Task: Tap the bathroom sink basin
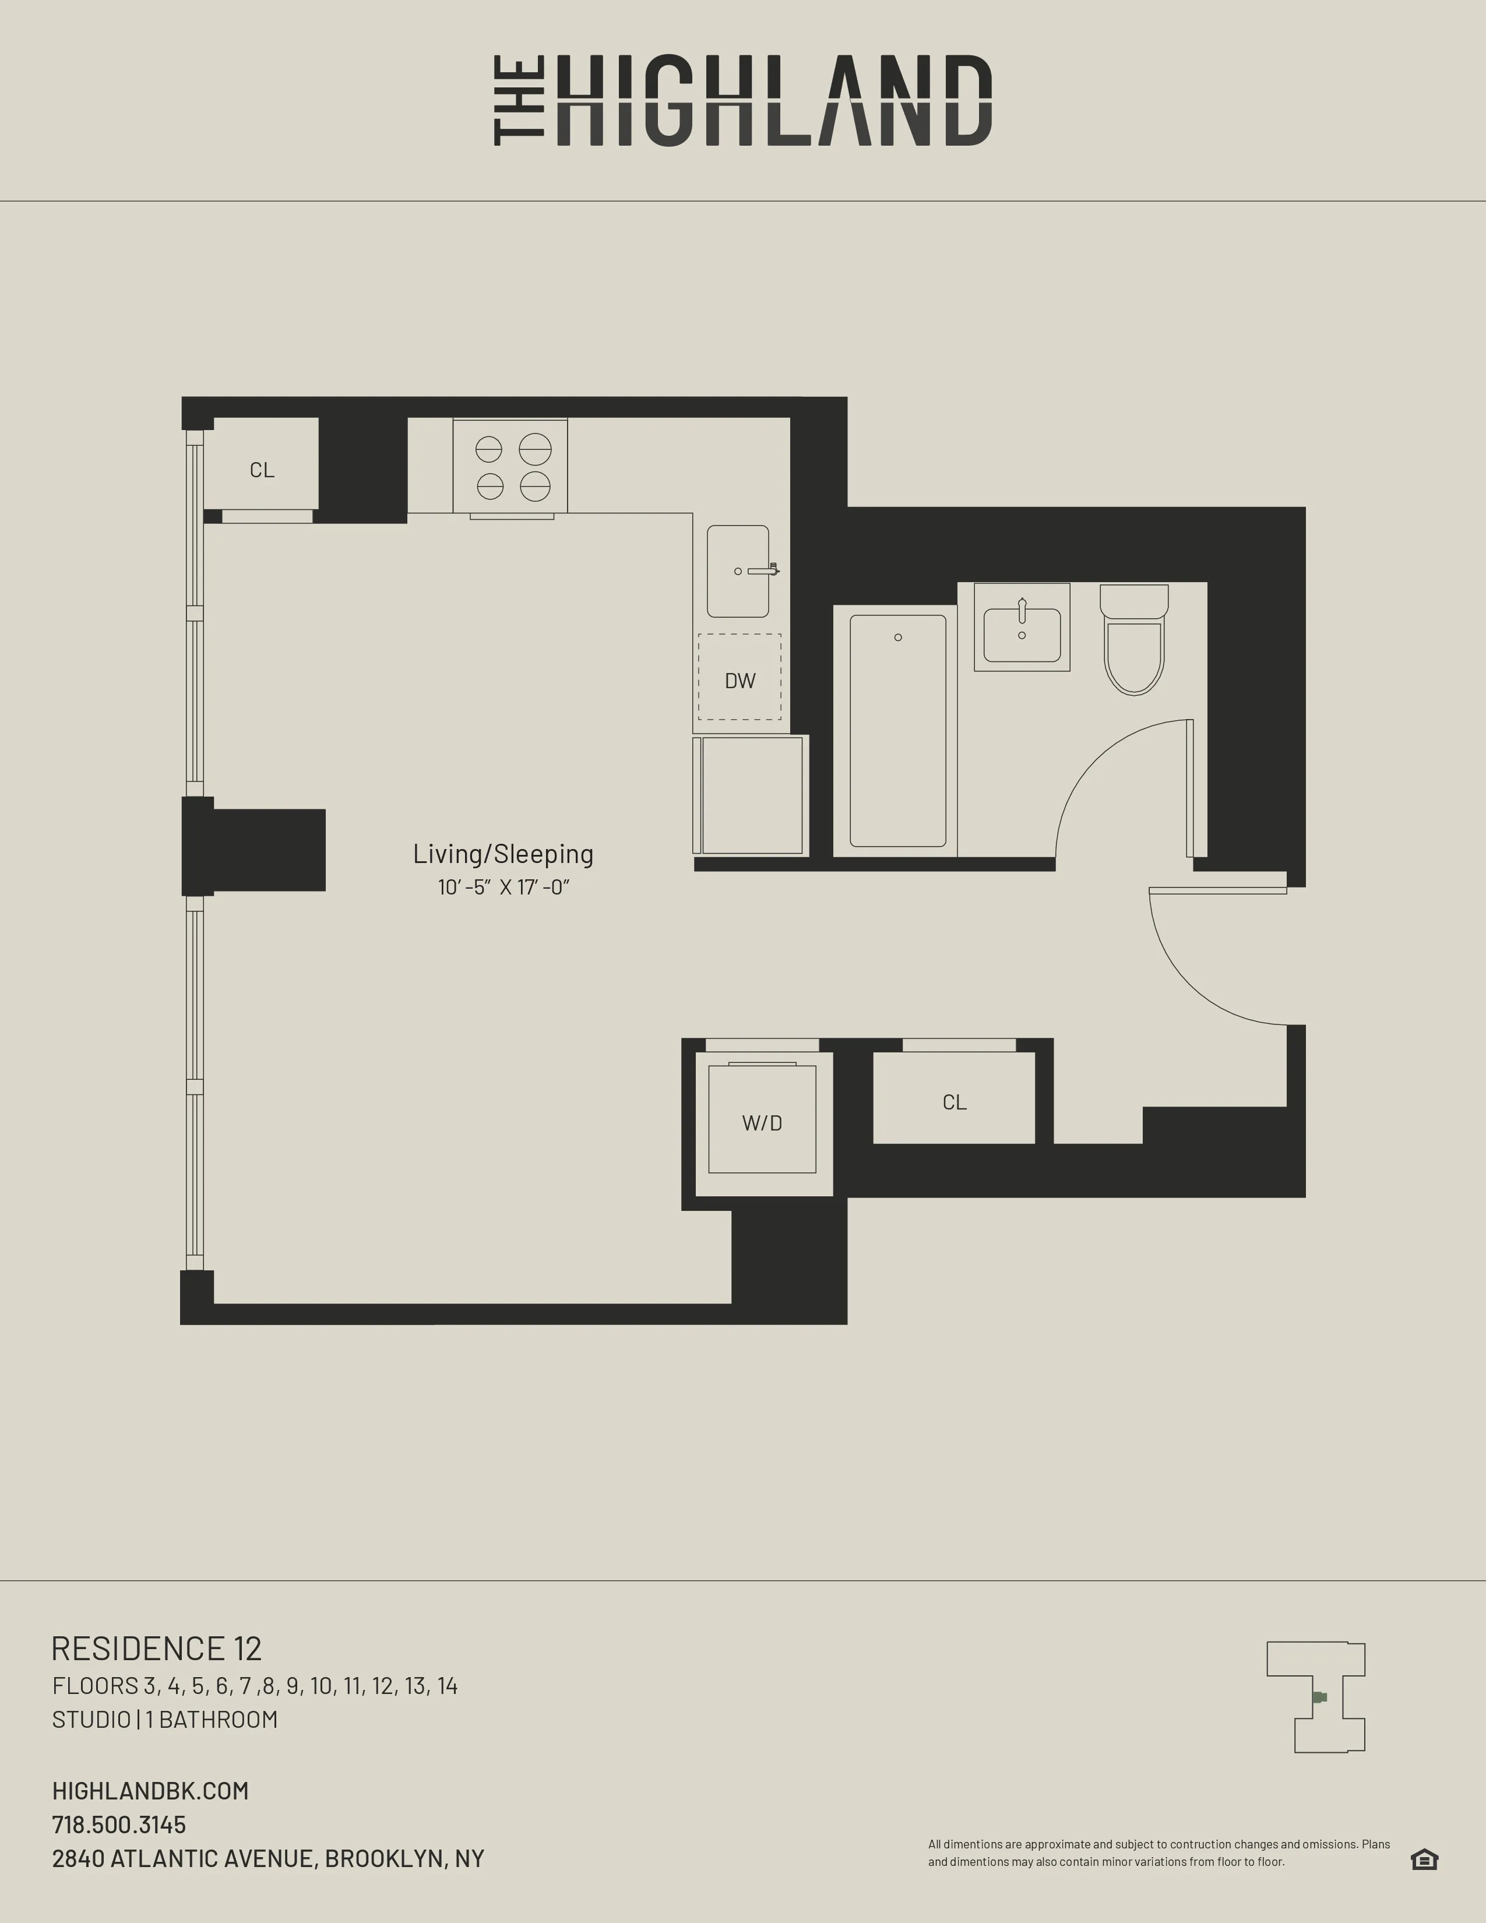tap(1021, 635)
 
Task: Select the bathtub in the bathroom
tap(897, 731)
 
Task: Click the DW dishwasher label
tap(740, 681)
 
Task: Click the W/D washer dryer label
tap(762, 1123)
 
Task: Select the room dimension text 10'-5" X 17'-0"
tap(503, 887)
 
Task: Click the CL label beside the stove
tap(262, 470)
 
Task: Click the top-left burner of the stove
tap(488, 450)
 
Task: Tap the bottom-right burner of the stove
tap(534, 486)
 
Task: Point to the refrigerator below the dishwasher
tap(751, 795)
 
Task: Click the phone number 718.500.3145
tap(119, 1825)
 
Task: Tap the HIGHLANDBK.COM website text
tap(150, 1791)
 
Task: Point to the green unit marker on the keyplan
tap(1319, 1697)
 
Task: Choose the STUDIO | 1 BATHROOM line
tap(164, 1720)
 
